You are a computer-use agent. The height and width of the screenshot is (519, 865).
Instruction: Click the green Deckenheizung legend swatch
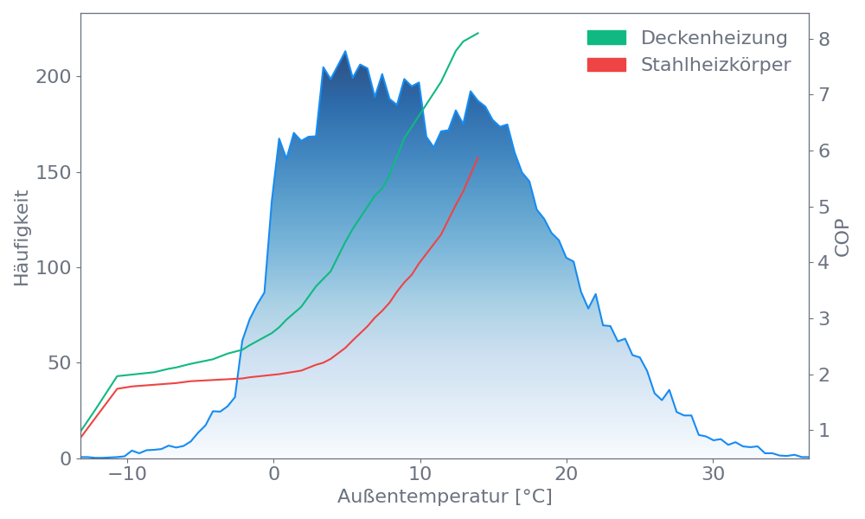pos(606,38)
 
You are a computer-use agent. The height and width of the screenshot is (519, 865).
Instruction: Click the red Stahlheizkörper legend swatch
pos(606,65)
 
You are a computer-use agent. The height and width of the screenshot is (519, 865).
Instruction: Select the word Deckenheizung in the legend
pos(714,38)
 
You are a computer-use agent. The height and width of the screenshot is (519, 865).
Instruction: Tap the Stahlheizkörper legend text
pos(715,65)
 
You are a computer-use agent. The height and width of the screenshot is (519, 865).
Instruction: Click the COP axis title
pos(843,237)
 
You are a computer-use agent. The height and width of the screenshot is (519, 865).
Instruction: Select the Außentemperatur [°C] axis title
pos(444,497)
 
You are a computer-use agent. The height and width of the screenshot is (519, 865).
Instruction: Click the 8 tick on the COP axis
pos(824,39)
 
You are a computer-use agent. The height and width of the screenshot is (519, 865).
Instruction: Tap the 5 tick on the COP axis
pos(824,207)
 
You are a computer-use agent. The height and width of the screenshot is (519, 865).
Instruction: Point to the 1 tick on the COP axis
pos(824,430)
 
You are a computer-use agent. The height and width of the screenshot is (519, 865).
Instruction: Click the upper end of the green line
pos(478,33)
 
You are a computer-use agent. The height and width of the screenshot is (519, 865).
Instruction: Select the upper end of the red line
pos(478,157)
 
